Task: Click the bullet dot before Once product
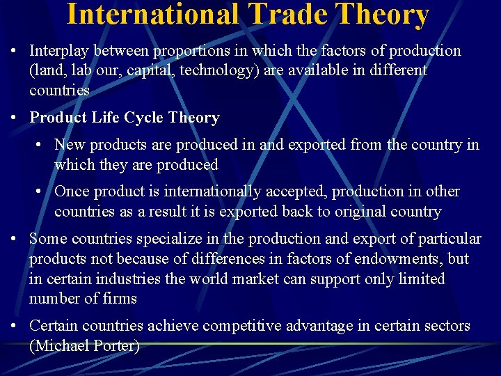pos(40,191)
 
